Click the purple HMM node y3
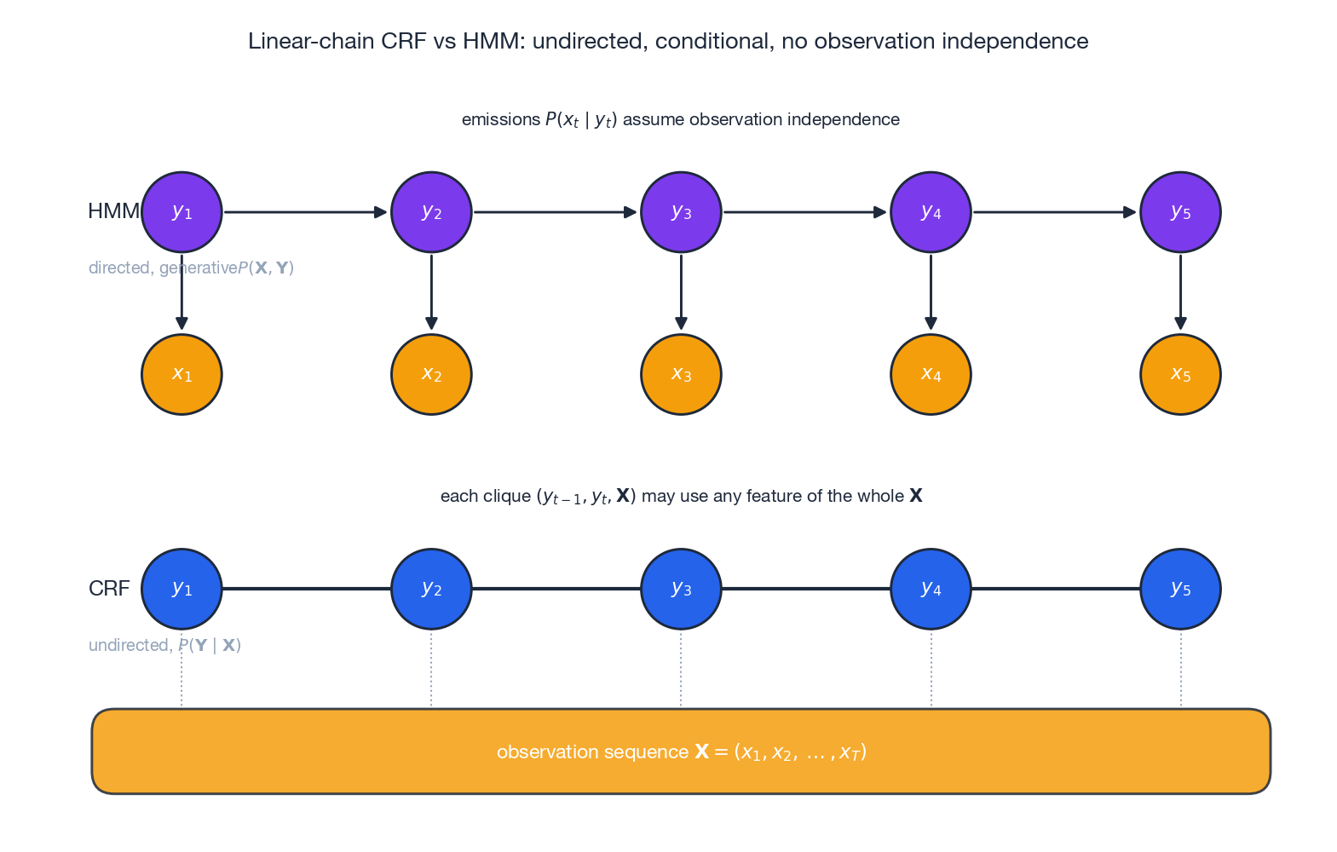681,212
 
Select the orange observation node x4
931,374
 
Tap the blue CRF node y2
431,589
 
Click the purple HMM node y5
1180,212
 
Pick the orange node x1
182,374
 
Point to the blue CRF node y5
1180,589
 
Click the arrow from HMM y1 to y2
305,212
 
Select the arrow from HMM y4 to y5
1054,212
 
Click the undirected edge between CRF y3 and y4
805,589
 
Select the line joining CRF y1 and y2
306,589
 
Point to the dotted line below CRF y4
931,669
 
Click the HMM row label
113,211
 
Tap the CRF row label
109,589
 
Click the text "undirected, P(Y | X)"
164,645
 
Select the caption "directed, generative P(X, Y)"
191,268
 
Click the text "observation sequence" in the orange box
592,752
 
